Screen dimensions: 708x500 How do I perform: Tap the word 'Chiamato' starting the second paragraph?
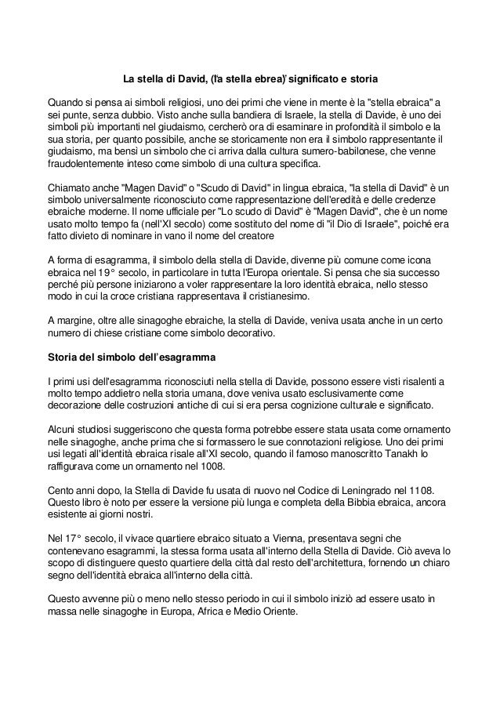pyautogui.click(x=70, y=189)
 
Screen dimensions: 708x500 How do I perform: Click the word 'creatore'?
pyautogui.click(x=247, y=234)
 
